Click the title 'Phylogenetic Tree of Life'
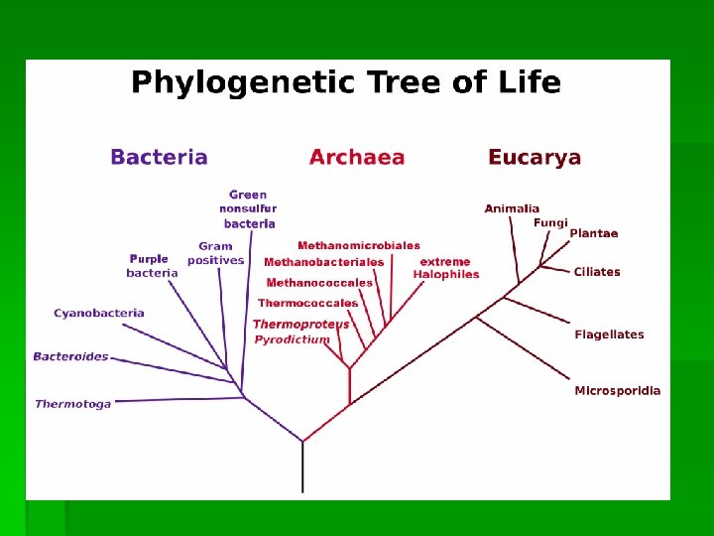(x=346, y=82)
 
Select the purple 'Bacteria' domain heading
(x=159, y=157)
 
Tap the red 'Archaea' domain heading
(x=357, y=157)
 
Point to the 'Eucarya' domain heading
(x=535, y=157)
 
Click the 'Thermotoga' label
(x=73, y=404)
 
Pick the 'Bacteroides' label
(x=70, y=356)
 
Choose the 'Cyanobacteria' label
(x=99, y=313)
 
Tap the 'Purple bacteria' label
(x=152, y=266)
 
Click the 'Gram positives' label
(x=215, y=253)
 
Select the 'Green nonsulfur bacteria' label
(x=248, y=209)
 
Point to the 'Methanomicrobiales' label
(x=359, y=245)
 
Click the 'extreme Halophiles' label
(x=446, y=268)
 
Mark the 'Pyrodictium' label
(x=292, y=339)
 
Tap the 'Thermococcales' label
(x=308, y=303)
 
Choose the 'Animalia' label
(x=512, y=208)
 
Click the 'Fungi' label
(x=550, y=222)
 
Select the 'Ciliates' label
(x=597, y=272)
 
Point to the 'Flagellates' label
(x=609, y=335)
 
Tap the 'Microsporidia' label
(x=617, y=391)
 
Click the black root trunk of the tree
(x=302, y=467)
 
